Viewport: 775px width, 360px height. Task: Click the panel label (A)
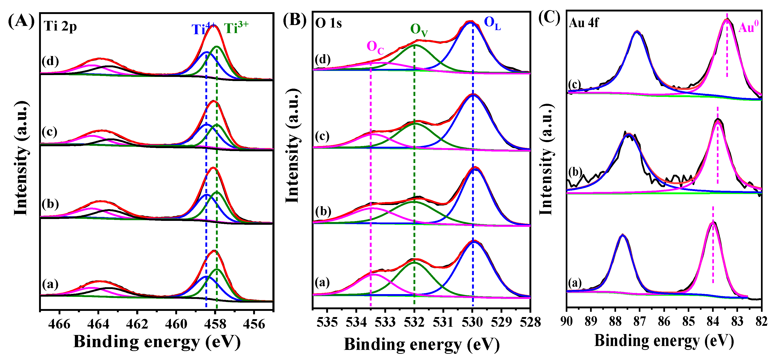click(x=21, y=22)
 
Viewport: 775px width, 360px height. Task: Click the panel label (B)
click(x=295, y=20)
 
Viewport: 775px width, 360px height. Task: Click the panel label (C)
click(x=549, y=18)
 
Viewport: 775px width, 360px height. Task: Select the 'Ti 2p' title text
click(x=60, y=26)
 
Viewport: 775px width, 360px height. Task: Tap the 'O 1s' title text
click(x=328, y=23)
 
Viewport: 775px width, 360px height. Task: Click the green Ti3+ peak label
click(x=236, y=28)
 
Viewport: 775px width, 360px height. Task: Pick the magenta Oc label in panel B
click(x=375, y=48)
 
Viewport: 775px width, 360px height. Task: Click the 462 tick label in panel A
click(x=137, y=324)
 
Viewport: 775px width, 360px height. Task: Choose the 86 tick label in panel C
click(x=664, y=321)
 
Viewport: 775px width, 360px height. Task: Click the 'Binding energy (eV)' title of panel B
click(x=421, y=344)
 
